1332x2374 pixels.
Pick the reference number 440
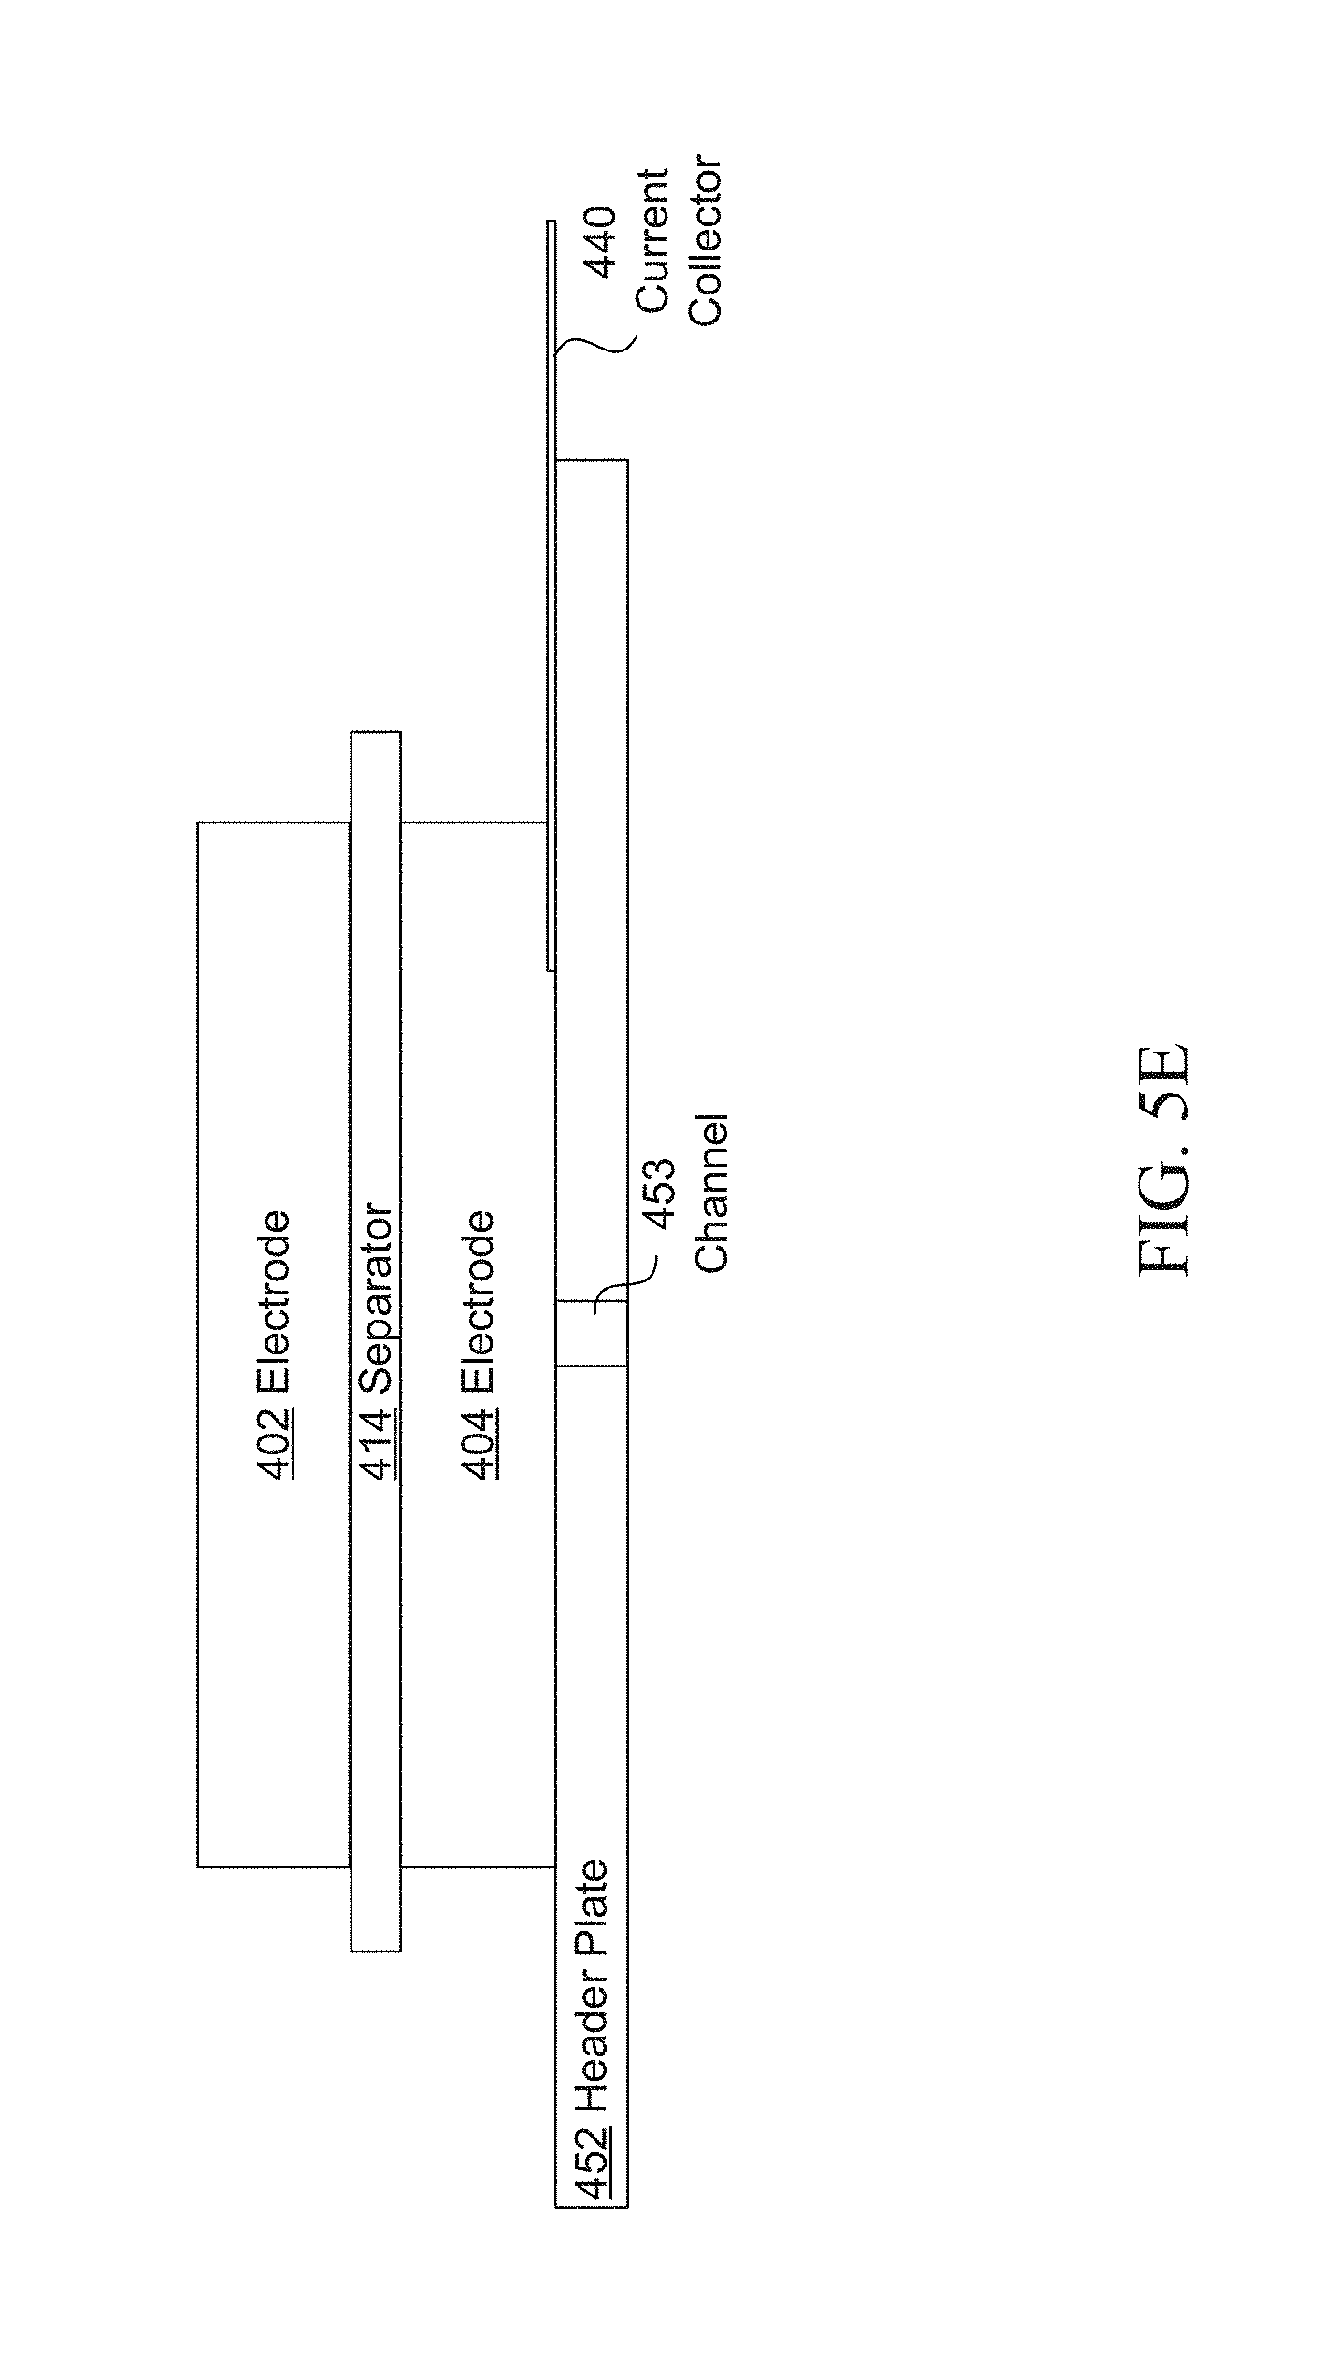coord(599,243)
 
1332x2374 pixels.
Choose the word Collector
coord(706,243)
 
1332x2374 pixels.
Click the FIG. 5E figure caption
coord(1165,1159)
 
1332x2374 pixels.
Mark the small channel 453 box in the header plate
coord(592,1333)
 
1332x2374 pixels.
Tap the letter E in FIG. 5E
coord(1165,1065)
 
